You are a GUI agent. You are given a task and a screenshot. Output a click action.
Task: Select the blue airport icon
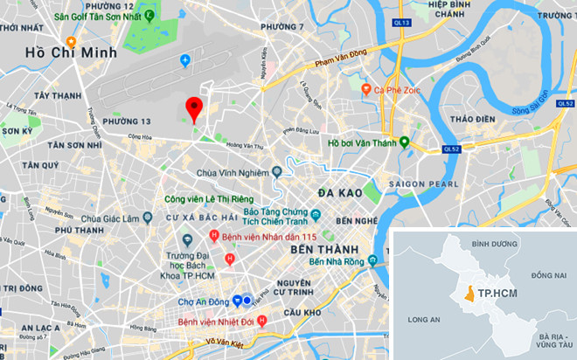click(184, 59)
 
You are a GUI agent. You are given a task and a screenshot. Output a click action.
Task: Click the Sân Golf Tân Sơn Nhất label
click(98, 17)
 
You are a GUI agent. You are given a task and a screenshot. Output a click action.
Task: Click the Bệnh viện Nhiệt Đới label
click(222, 322)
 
